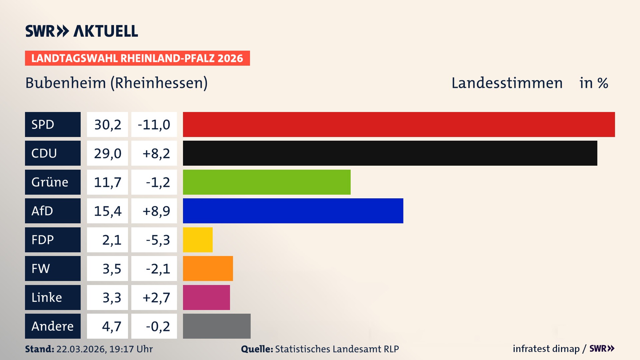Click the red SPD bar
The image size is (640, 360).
pos(399,124)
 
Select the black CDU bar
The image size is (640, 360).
pos(390,153)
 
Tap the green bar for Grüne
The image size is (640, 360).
pos(267,182)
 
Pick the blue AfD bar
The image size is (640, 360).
pos(293,211)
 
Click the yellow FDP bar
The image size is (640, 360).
pos(198,240)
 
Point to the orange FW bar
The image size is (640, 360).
pos(208,268)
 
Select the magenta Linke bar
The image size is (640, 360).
pos(206,297)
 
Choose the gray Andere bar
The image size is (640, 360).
pos(217,326)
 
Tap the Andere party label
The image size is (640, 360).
pos(53,326)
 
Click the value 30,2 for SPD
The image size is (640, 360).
pos(107,124)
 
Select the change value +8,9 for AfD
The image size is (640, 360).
pos(156,211)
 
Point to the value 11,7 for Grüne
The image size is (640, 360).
pos(107,182)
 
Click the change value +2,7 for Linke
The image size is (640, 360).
pos(156,297)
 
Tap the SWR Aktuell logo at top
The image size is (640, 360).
pos(82,31)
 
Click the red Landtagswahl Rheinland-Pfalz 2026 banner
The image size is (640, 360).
pos(137,58)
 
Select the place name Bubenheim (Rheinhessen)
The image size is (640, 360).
pos(116,83)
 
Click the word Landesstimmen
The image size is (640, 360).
pos(507,83)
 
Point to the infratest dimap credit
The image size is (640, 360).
pos(546,349)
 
